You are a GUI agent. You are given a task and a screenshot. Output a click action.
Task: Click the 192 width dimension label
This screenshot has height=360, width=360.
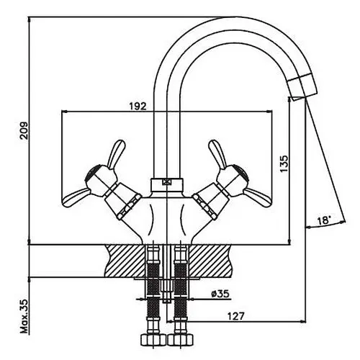pyautogui.click(x=138, y=106)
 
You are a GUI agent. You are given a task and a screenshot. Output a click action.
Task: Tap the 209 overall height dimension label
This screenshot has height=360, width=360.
pyautogui.click(x=24, y=130)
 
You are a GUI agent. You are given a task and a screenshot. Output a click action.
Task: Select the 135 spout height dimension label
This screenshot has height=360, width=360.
pyautogui.click(x=284, y=163)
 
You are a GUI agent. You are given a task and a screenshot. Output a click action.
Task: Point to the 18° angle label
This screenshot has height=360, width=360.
pyautogui.click(x=324, y=220)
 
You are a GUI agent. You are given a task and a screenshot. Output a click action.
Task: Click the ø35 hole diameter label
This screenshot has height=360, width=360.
pyautogui.click(x=220, y=294)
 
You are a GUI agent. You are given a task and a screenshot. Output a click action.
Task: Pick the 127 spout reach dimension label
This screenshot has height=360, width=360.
pyautogui.click(x=235, y=316)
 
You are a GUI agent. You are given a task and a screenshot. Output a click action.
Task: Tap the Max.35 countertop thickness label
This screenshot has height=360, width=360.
pyautogui.click(x=24, y=316)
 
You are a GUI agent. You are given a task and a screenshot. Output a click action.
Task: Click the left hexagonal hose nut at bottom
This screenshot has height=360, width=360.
pyautogui.click(x=153, y=340)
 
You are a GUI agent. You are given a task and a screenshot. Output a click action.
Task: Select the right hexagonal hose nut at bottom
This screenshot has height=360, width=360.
pyautogui.click(x=180, y=340)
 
